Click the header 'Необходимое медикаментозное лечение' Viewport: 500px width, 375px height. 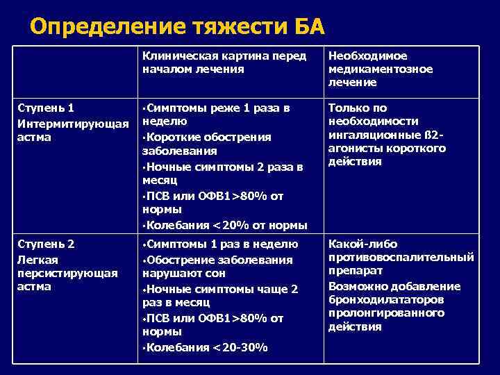380,69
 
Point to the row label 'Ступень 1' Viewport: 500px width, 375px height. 44,108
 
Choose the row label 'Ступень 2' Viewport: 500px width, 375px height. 44,244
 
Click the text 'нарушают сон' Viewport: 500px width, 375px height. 176,273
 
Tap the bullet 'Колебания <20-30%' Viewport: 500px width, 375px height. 207,347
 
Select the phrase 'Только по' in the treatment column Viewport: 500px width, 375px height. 358,108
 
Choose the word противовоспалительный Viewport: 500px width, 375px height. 401,258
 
